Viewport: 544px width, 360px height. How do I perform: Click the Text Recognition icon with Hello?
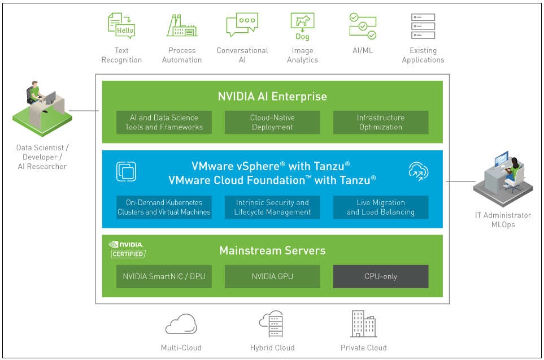pyautogui.click(x=121, y=26)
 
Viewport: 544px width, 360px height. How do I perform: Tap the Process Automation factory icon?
pyautogui.click(x=182, y=26)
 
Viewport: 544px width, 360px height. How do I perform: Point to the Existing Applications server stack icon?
pyautogui.click(x=423, y=26)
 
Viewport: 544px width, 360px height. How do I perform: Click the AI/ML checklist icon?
pyautogui.click(x=362, y=26)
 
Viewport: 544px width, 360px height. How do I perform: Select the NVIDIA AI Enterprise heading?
pyautogui.click(x=272, y=97)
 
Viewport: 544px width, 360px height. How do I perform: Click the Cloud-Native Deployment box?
pyautogui.click(x=272, y=123)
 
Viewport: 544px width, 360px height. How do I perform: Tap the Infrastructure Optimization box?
pyautogui.click(x=380, y=123)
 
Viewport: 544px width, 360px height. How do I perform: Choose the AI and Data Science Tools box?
pyautogui.click(x=164, y=123)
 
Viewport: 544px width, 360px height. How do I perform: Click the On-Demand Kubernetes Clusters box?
pyautogui.click(x=164, y=207)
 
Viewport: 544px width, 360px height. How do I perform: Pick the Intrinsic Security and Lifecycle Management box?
pyautogui.click(x=272, y=207)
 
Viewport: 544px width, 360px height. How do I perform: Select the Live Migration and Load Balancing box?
pyautogui.click(x=380, y=207)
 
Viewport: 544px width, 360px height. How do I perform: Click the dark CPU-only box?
pyautogui.click(x=380, y=276)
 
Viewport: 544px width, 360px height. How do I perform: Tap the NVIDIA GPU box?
pyautogui.click(x=272, y=276)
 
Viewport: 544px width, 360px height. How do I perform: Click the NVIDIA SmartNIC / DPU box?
pyautogui.click(x=164, y=276)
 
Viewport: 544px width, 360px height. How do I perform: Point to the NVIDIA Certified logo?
pyautogui.click(x=127, y=249)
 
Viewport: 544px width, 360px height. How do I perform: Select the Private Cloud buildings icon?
pyautogui.click(x=363, y=323)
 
